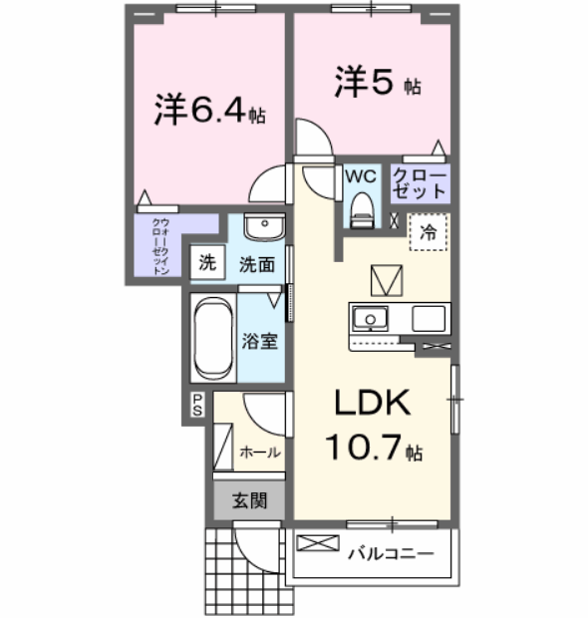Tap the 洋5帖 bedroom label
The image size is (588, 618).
point(377,83)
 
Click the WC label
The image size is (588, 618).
point(360,176)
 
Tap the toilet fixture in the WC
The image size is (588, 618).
point(361,208)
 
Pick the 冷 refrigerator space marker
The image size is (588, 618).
point(428,232)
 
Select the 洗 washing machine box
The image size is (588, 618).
point(207,264)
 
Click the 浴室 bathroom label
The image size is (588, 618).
point(260,341)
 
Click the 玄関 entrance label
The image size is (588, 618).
point(249,501)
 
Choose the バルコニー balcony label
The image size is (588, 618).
point(390,552)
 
